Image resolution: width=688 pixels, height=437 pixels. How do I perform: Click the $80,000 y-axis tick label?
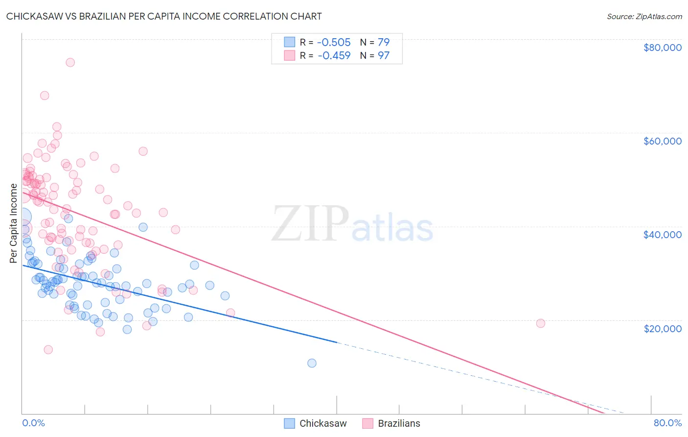pyautogui.click(x=662, y=48)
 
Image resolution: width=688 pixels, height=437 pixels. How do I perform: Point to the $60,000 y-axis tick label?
pyautogui.click(x=662, y=141)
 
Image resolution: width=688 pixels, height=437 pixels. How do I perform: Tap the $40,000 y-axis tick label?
pyautogui.click(x=662, y=235)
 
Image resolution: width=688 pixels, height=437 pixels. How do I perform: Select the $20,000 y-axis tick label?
pyautogui.click(x=662, y=328)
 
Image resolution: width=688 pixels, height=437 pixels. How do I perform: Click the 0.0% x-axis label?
pyautogui.click(x=33, y=423)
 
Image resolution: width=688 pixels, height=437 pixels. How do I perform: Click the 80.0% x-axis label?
pyautogui.click(x=667, y=423)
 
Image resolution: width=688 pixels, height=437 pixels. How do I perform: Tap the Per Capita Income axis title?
pyautogui.click(x=14, y=223)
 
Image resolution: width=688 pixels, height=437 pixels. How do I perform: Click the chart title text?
pyautogui.click(x=164, y=16)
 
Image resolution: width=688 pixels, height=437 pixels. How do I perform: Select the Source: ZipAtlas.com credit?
pyautogui.click(x=644, y=16)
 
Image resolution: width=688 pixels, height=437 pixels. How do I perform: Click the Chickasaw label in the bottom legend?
pyautogui.click(x=323, y=423)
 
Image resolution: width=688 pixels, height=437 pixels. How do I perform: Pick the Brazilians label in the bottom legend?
pyautogui.click(x=399, y=423)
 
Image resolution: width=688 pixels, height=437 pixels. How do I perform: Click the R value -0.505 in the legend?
pyautogui.click(x=334, y=42)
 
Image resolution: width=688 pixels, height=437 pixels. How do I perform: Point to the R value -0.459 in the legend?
pyautogui.click(x=334, y=55)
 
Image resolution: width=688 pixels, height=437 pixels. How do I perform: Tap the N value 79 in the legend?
pyautogui.click(x=384, y=42)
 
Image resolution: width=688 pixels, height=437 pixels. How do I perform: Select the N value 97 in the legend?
pyautogui.click(x=384, y=55)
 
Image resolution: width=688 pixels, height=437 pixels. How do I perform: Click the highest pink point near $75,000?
pyautogui.click(x=70, y=62)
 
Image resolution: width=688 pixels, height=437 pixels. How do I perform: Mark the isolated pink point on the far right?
pyautogui.click(x=541, y=323)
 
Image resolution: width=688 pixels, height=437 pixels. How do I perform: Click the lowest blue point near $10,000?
pyautogui.click(x=312, y=363)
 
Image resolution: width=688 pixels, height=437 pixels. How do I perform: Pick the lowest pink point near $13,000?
pyautogui.click(x=48, y=349)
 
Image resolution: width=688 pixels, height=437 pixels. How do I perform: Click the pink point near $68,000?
pyautogui.click(x=45, y=96)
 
